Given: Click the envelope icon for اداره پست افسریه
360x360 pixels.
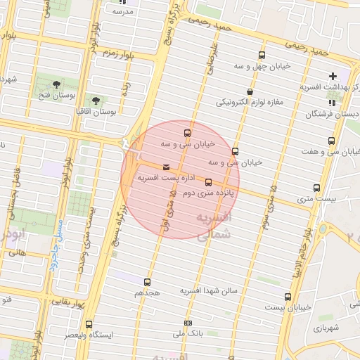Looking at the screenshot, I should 166,167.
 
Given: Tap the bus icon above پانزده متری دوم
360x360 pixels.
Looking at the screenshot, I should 208,182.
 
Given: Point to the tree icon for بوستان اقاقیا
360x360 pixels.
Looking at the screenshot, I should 96,101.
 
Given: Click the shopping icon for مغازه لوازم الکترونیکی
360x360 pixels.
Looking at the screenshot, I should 250,92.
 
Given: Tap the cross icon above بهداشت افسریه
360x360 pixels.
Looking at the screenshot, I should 333,76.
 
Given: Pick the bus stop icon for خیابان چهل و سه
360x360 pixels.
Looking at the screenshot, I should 262,56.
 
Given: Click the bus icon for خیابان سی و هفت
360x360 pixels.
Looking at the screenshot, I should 331,141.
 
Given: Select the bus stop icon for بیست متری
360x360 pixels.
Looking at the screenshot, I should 316,188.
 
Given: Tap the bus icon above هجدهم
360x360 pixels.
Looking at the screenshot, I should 147,281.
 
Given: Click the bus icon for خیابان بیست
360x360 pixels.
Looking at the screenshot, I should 288,297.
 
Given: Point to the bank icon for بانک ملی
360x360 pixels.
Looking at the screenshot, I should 188,323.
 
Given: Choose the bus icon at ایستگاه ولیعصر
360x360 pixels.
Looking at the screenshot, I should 89,325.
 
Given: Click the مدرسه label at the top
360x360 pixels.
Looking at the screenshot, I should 123,12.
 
